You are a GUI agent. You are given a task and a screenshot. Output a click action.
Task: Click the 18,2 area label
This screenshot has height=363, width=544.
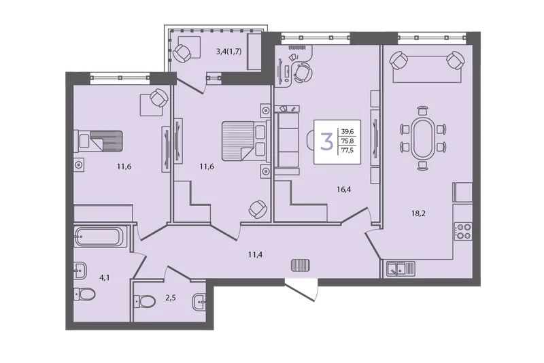click(418, 213)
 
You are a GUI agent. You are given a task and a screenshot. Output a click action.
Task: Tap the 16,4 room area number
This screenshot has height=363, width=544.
click(344, 189)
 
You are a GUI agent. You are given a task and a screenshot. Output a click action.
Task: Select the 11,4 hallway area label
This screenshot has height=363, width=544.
click(255, 255)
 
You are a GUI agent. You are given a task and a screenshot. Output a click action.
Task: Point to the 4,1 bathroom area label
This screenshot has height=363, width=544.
click(105, 277)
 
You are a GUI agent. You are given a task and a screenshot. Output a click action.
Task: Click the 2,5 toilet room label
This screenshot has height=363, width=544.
click(171, 298)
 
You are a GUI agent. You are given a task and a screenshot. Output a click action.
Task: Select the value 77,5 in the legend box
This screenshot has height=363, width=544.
click(348, 151)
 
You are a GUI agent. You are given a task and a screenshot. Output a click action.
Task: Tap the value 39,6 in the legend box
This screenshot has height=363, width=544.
click(348, 131)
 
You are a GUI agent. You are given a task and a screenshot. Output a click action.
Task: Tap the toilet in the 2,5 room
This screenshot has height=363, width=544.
click(144, 300)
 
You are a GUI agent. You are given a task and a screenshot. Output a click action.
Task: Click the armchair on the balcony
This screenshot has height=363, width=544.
click(182, 53)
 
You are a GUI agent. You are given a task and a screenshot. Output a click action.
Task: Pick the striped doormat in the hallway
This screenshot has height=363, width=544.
click(301, 265)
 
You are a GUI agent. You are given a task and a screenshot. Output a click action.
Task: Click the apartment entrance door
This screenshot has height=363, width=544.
click(301, 290)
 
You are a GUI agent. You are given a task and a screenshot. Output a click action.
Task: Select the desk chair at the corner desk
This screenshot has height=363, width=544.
click(303, 73)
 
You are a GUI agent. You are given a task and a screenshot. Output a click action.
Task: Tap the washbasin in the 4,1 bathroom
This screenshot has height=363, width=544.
click(80, 270)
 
